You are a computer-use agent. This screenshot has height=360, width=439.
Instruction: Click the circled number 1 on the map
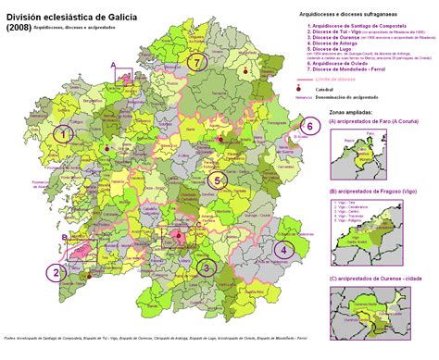tap(62, 134)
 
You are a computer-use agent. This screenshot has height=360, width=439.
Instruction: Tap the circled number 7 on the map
tap(194, 62)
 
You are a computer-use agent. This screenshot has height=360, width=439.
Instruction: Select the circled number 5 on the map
tap(217, 180)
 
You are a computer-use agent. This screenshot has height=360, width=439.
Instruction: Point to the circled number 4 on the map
tap(282, 249)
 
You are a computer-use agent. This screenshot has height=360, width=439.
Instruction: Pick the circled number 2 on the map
tap(56, 272)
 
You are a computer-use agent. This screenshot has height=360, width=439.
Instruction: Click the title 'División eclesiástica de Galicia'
tap(84, 10)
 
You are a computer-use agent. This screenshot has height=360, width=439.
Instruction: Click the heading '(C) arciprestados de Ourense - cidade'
tap(379, 277)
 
